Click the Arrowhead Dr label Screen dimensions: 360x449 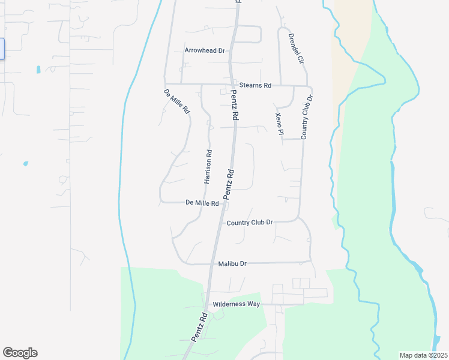tap(205, 51)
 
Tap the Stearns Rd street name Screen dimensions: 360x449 tap(255, 85)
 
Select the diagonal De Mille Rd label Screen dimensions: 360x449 tap(176, 102)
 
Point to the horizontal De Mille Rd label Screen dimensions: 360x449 tap(202, 203)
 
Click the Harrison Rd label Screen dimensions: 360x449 tap(208, 166)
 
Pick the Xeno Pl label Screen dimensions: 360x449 tap(279, 123)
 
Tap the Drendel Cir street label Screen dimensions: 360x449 tap(297, 49)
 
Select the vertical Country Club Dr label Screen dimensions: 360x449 tap(307, 117)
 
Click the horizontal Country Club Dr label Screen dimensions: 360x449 tap(250, 223)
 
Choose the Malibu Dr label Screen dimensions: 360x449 tap(232, 263)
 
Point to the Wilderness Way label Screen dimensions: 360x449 tap(237, 304)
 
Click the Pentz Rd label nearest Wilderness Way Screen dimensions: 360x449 tap(199, 327)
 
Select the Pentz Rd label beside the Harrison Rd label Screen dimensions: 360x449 tap(228, 184)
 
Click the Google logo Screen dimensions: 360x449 tap(20, 353)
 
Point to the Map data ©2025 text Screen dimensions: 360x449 tap(423, 355)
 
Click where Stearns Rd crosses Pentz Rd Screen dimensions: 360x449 tap(231, 85)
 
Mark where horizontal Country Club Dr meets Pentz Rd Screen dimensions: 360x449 tap(220, 223)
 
